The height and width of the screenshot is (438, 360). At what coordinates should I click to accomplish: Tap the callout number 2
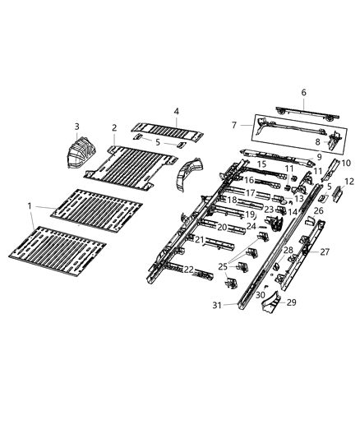coord(114,127)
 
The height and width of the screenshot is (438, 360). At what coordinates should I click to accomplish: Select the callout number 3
coord(77,126)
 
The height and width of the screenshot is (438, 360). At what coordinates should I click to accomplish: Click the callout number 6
coord(303,92)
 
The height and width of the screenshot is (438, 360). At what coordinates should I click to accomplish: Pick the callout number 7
coord(234,124)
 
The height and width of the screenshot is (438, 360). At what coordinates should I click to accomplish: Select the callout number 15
coord(261,164)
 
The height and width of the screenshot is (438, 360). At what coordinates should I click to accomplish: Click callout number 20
coord(221,227)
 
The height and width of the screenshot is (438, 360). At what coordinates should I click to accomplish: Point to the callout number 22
coord(189,269)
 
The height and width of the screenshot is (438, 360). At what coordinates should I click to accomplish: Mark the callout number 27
coord(325,251)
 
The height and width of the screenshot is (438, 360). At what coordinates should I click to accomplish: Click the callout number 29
coord(290,302)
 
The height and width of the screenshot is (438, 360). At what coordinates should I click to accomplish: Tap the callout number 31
coord(218,306)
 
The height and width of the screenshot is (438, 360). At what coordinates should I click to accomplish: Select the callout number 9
coord(319,156)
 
